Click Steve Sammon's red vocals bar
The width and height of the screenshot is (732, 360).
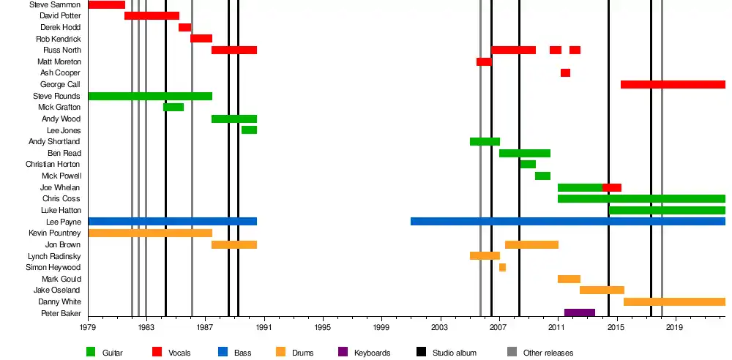106,4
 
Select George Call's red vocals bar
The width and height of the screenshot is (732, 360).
672,84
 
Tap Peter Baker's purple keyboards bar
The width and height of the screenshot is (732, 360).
579,313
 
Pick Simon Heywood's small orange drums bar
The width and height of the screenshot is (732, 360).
502,267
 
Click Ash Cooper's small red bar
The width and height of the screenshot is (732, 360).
565,72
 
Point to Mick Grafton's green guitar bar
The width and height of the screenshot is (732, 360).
173,107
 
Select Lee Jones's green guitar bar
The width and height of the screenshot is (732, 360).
249,130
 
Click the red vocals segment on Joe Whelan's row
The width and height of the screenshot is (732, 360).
612,187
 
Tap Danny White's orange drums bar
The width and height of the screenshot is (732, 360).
674,301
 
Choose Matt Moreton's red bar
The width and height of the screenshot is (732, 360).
484,61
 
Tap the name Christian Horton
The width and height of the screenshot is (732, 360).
53,164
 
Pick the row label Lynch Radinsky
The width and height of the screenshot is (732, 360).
54,256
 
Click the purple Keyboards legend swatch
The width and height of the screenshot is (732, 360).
343,352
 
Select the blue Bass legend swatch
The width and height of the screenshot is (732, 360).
223,352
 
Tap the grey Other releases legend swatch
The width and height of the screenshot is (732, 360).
512,352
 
